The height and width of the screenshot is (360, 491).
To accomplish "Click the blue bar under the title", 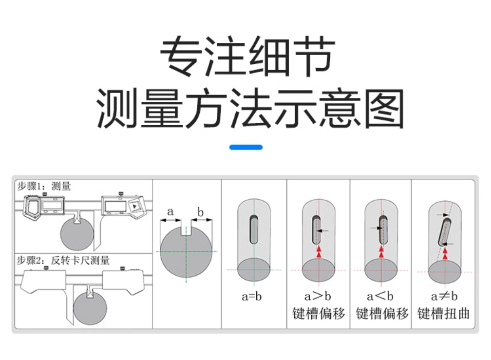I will point(245,147).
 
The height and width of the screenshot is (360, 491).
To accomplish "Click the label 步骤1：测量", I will point(44,186).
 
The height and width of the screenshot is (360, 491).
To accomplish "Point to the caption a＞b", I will point(318,296).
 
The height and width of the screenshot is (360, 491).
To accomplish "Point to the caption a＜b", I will point(380,296).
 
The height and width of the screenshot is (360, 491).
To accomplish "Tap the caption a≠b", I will point(444,296).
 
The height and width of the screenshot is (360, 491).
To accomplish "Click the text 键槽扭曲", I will point(444,313).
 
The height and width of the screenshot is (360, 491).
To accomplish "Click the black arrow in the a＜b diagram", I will point(376,228).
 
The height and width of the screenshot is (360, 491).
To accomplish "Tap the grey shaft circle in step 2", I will point(90,307).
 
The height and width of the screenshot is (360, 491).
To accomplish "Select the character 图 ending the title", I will point(383,108).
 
